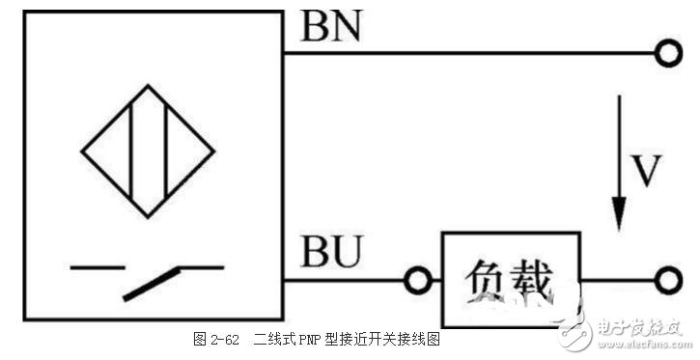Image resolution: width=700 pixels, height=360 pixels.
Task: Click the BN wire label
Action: tap(331, 27)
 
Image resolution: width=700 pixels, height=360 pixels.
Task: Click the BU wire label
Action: tap(331, 255)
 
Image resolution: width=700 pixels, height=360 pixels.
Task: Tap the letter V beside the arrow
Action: tap(645, 171)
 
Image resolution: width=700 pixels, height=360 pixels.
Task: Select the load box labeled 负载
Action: tap(511, 279)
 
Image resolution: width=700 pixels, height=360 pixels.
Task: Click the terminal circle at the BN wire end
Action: tap(667, 54)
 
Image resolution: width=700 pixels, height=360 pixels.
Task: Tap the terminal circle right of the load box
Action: tap(667, 280)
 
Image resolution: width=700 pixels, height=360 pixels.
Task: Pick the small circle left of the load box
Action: tap(417, 281)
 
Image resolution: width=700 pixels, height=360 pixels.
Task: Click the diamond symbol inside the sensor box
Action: tap(148, 151)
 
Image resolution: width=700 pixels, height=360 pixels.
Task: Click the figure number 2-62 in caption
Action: tap(224, 340)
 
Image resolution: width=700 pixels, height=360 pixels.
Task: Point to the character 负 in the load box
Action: tap(486, 280)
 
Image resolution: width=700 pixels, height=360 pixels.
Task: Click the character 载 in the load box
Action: tap(533, 280)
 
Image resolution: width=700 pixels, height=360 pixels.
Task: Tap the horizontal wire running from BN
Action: tap(473, 54)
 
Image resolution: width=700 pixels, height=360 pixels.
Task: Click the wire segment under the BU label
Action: tap(343, 281)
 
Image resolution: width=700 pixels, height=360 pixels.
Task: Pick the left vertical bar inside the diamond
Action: tap(129, 151)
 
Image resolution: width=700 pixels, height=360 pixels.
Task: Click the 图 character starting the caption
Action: tap(199, 340)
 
